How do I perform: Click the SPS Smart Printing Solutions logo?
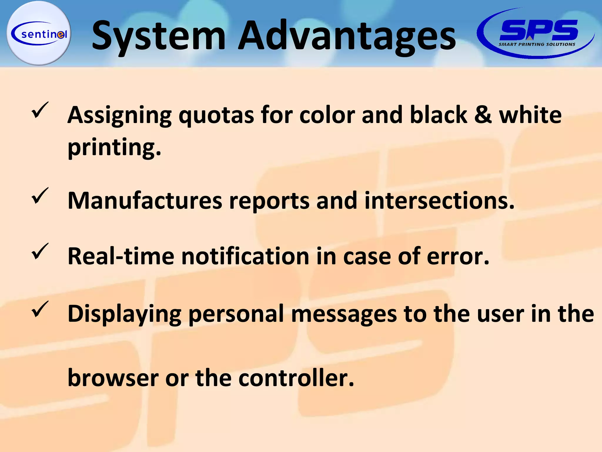click(x=536, y=33)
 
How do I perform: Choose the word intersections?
click(x=439, y=201)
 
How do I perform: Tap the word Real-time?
click(x=121, y=256)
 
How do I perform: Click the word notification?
click(x=245, y=256)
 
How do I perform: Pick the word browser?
click(x=113, y=378)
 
